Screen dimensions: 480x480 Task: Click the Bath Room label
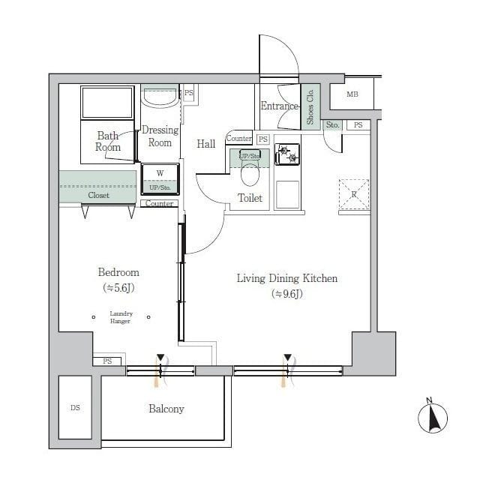[x=108, y=142]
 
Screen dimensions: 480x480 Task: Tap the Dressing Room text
[x=160, y=136]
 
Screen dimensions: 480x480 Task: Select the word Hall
[x=206, y=144]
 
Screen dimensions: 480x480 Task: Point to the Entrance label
[x=279, y=106]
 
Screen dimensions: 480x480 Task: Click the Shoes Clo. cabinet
[x=310, y=104]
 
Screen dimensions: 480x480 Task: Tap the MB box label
[x=352, y=94]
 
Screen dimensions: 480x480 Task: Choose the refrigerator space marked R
[x=354, y=193]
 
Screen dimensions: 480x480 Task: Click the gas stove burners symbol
[x=287, y=154]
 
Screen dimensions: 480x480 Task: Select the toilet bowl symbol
[x=250, y=175]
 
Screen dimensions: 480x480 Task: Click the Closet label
[x=98, y=195]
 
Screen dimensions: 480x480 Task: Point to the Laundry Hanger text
[x=121, y=317]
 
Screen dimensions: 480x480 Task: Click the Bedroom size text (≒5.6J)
[x=118, y=287]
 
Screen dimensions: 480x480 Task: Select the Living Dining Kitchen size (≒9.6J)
[x=287, y=293]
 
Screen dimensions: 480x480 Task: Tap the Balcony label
[x=166, y=409]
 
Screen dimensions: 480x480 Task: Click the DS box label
[x=75, y=408]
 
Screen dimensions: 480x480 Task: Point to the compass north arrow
[x=433, y=416]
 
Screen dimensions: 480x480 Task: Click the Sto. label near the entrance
[x=333, y=125]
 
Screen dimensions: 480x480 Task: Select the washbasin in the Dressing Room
[x=159, y=98]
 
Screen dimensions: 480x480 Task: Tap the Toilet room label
[x=250, y=198]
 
